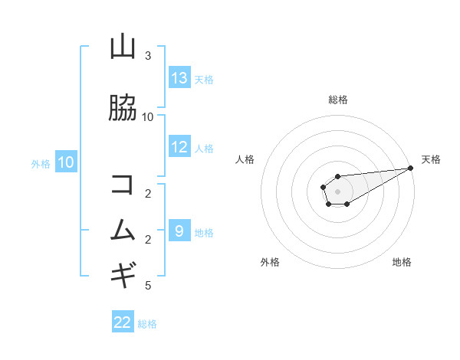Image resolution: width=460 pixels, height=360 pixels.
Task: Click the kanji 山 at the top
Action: pyautogui.click(x=123, y=47)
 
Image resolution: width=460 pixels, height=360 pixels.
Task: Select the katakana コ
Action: pyautogui.click(x=123, y=185)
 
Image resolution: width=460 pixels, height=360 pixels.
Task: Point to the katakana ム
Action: pyautogui.click(x=123, y=230)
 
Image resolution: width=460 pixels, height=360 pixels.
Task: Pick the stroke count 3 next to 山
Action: pyautogui.click(x=148, y=56)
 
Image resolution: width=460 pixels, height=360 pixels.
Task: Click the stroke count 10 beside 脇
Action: pyautogui.click(x=148, y=116)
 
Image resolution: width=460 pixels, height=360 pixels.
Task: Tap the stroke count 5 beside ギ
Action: pyautogui.click(x=148, y=286)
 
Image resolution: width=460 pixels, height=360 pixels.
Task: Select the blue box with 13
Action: pyautogui.click(x=179, y=78)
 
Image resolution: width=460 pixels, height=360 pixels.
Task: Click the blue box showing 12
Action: pyautogui.click(x=179, y=147)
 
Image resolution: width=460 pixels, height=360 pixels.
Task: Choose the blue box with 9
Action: pyautogui.click(x=179, y=231)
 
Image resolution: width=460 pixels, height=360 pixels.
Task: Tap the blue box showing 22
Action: pyautogui.click(x=123, y=322)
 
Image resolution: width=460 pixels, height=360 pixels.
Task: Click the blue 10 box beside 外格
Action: pyautogui.click(x=66, y=162)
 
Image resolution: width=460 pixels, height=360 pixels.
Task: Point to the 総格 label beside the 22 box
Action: pyautogui.click(x=147, y=324)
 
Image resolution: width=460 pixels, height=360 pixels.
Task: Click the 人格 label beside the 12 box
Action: pyautogui.click(x=204, y=148)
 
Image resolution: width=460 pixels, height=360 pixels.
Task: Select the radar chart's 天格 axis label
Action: pyautogui.click(x=431, y=159)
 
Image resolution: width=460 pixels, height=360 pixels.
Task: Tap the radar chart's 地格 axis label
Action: pyautogui.click(x=402, y=262)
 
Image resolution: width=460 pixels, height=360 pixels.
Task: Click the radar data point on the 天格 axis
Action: pyautogui.click(x=410, y=169)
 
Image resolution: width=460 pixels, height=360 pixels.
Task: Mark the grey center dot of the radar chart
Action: pyautogui.click(x=337, y=191)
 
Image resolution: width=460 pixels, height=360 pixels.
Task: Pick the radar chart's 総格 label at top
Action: pyautogui.click(x=338, y=100)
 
